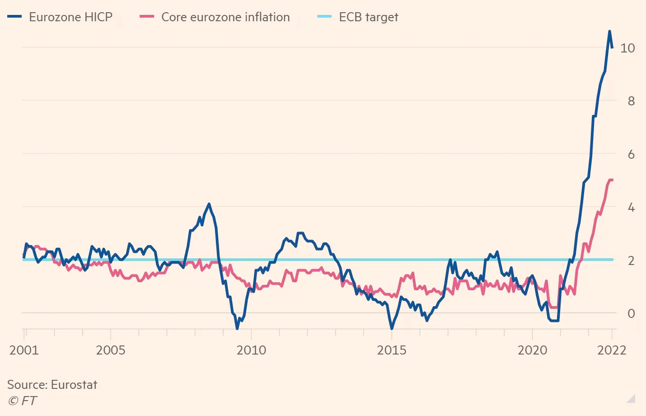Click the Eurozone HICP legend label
(70, 17)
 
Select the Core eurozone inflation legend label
(225, 17)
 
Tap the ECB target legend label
(369, 17)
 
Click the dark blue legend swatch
(14, 17)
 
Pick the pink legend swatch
(147, 17)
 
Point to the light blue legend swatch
(324, 17)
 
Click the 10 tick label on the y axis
(627, 48)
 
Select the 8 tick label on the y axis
(631, 101)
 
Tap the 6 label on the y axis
(631, 155)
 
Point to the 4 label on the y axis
(631, 208)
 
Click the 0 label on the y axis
(631, 313)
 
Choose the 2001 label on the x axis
(24, 350)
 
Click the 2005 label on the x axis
(111, 350)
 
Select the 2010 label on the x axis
(251, 350)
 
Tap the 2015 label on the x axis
(392, 350)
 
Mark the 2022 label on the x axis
(612, 350)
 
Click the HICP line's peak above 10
(609, 31)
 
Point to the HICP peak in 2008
(209, 204)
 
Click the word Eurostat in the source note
(74, 385)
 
